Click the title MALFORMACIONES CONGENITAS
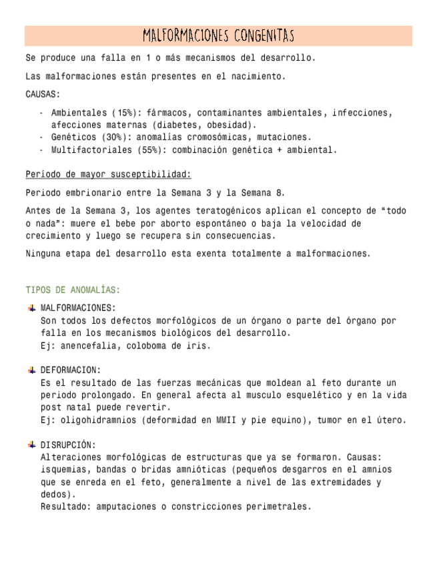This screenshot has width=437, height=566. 218,35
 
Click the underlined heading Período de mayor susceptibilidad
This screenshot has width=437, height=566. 108,175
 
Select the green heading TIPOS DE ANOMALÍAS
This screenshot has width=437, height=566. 73,290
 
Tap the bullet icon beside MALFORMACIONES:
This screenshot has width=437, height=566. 31,308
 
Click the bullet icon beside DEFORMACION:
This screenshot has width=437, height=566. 31,370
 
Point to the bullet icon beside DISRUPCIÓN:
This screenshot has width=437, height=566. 31,445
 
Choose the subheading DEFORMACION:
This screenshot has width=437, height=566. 71,370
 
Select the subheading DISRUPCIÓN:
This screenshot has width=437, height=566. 68,445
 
